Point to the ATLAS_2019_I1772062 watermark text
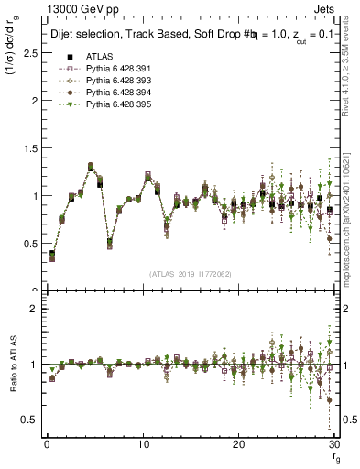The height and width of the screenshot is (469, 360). point(190,274)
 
